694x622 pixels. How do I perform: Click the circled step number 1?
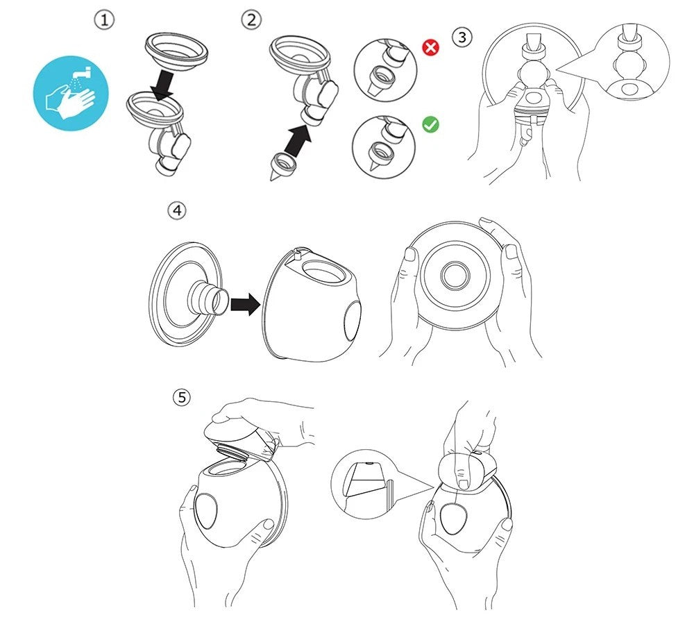tap(105, 20)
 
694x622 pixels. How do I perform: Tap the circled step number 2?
tap(251, 20)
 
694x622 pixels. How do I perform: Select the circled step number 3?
tap(462, 37)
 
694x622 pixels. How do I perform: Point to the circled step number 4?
tap(176, 210)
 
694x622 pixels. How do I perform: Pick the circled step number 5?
tap(181, 397)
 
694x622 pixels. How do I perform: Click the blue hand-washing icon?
tap(71, 93)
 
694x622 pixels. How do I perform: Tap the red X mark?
tap(431, 47)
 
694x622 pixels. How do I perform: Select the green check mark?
tap(431, 124)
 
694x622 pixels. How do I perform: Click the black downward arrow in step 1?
tap(162, 85)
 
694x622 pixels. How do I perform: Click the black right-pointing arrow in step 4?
tap(245, 303)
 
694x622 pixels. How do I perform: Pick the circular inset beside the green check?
tap(384, 147)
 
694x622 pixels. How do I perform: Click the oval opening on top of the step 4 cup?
tap(324, 271)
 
